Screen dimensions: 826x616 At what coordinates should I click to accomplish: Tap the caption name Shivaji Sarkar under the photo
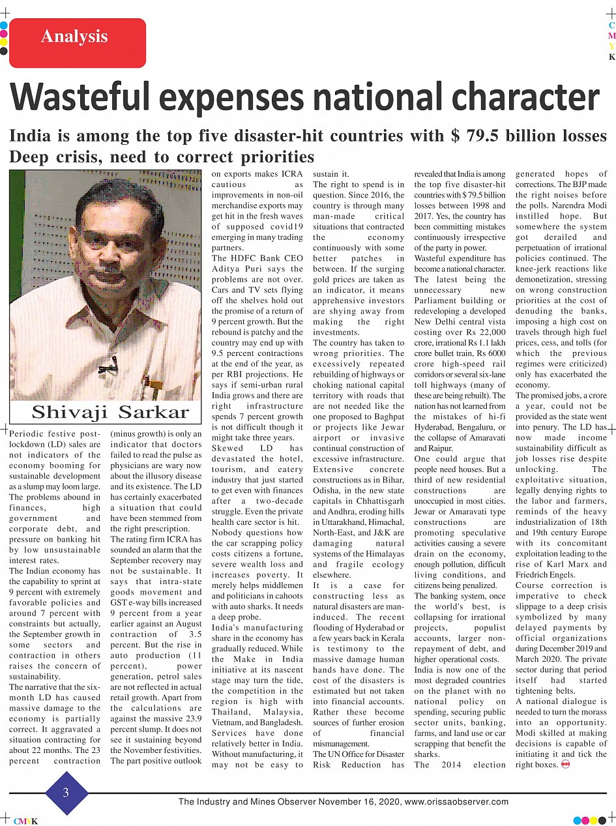click(110, 412)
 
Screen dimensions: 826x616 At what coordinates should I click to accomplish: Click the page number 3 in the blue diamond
click(66, 793)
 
